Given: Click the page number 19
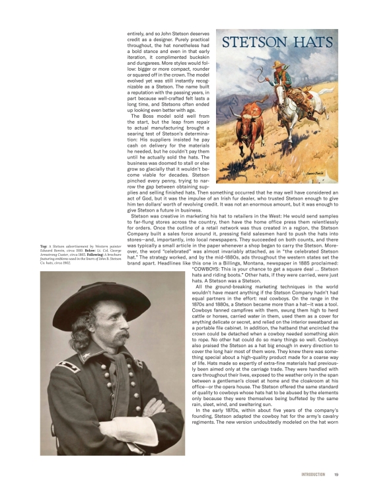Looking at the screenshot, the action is point(336,474).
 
